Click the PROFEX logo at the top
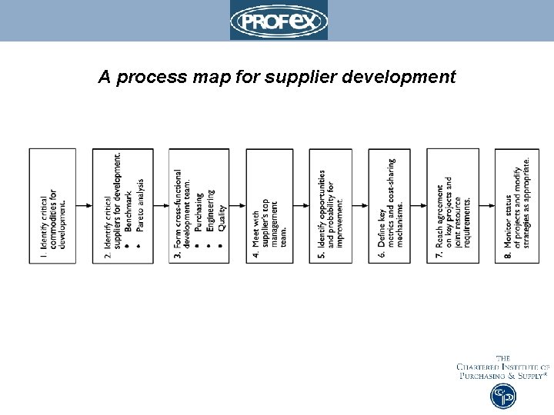pyautogui.click(x=279, y=21)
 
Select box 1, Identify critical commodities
pyautogui.click(x=52, y=206)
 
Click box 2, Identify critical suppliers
pyautogui.click(x=117, y=206)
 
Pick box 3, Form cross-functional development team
pyautogui.click(x=199, y=206)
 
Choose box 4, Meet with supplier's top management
pyautogui.click(x=269, y=206)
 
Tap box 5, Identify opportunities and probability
pyautogui.click(x=330, y=206)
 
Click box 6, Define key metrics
pyautogui.click(x=389, y=206)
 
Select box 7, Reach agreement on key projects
pyautogui.click(x=452, y=206)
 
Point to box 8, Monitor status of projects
pyautogui.click(x=516, y=206)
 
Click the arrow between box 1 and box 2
pyautogui.click(x=84, y=206)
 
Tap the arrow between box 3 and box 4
pyautogui.click(x=238, y=206)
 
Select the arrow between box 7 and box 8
pyautogui.click(x=486, y=206)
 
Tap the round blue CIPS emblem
pyautogui.click(x=503, y=396)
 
